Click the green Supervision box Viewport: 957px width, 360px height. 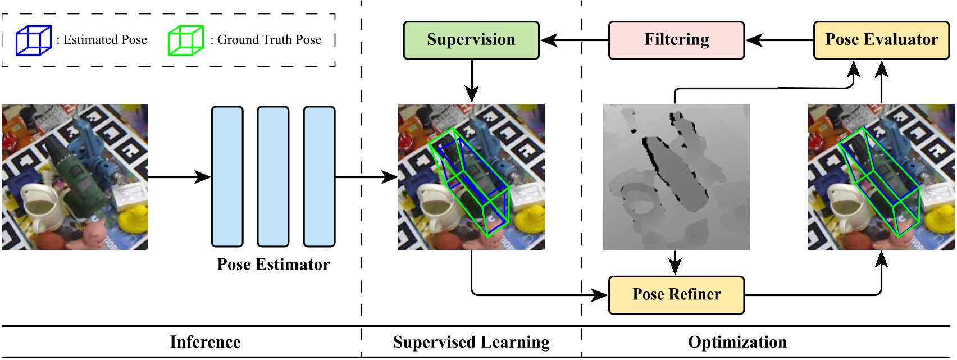coord(471,40)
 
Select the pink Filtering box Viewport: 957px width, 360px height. coord(676,40)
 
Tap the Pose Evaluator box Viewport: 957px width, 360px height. coord(881,40)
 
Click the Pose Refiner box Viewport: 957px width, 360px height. coord(676,295)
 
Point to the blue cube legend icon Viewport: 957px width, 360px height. coord(33,40)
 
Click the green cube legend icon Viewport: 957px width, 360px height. coord(185,40)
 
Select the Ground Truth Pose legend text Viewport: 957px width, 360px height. coord(269,40)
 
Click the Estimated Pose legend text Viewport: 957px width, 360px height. coord(105,40)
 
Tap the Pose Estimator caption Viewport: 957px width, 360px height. coord(273,265)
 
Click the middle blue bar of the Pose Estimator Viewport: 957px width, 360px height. coord(273,176)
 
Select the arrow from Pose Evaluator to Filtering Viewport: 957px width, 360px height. coord(780,40)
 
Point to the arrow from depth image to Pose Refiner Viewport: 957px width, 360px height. coord(675,263)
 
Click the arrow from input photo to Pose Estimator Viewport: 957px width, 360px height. coord(180,177)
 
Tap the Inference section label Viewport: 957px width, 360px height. coord(205,342)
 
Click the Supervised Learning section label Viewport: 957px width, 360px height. coord(471,342)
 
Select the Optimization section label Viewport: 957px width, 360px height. coord(737,342)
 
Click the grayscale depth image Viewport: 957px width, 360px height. coord(676,177)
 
